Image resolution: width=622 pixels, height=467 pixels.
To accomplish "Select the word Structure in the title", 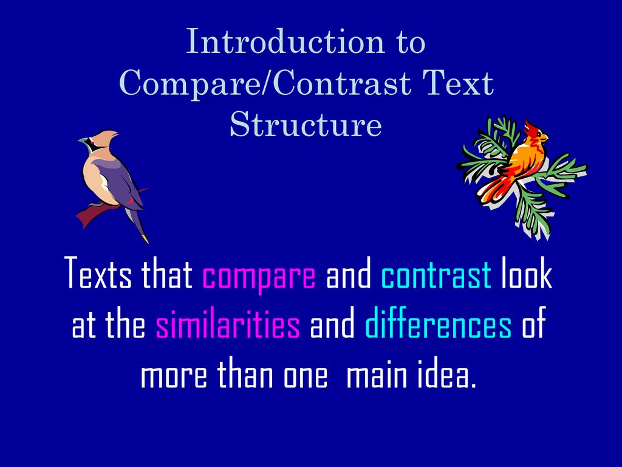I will point(306,125).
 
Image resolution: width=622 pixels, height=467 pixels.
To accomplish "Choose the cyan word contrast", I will point(436,275).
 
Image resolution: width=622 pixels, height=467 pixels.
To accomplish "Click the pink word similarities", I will point(228,326).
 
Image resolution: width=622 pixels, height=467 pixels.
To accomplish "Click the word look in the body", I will point(527,275).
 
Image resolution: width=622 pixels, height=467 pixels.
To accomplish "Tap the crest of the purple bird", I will point(110,136).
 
